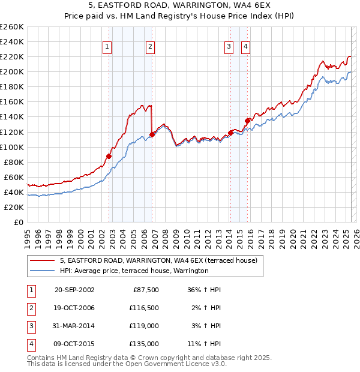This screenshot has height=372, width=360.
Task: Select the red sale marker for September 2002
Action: click(109, 156)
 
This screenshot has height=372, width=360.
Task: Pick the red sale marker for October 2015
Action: click(247, 121)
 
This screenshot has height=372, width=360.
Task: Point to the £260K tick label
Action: click(12, 27)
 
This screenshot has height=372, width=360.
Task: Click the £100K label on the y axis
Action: click(12, 147)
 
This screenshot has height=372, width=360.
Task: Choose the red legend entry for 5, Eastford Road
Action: click(158, 260)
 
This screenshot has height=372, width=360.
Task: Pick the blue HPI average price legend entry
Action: click(133, 271)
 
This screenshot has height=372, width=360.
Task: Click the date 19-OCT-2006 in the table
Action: click(74, 308)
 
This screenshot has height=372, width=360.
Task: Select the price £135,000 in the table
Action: click(145, 344)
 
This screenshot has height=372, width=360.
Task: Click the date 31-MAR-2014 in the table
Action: click(74, 326)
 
